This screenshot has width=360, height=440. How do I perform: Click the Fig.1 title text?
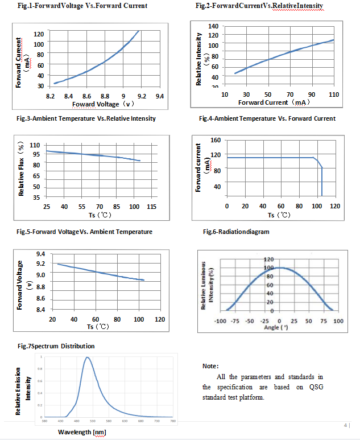click(x=82, y=6)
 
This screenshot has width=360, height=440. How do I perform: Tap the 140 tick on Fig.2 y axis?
click(x=214, y=26)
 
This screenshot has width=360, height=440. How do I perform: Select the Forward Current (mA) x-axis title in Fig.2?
click(x=274, y=102)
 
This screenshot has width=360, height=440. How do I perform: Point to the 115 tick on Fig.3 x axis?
click(x=152, y=206)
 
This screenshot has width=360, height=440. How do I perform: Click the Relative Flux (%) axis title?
click(x=21, y=170)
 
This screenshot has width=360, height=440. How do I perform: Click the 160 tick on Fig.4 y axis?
click(x=216, y=140)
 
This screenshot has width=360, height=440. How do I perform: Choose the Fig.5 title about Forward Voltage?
click(x=85, y=232)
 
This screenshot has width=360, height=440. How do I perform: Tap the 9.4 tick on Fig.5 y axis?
click(x=41, y=253)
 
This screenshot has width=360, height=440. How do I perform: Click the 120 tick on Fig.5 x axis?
click(x=160, y=319)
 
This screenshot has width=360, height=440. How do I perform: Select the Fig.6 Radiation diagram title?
click(x=236, y=232)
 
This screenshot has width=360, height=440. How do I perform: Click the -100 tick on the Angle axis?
click(x=220, y=322)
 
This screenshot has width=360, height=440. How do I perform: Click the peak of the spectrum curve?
click(x=88, y=357)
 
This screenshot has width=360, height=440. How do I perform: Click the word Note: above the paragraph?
click(x=210, y=366)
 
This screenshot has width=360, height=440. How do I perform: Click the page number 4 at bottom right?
click(x=346, y=425)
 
